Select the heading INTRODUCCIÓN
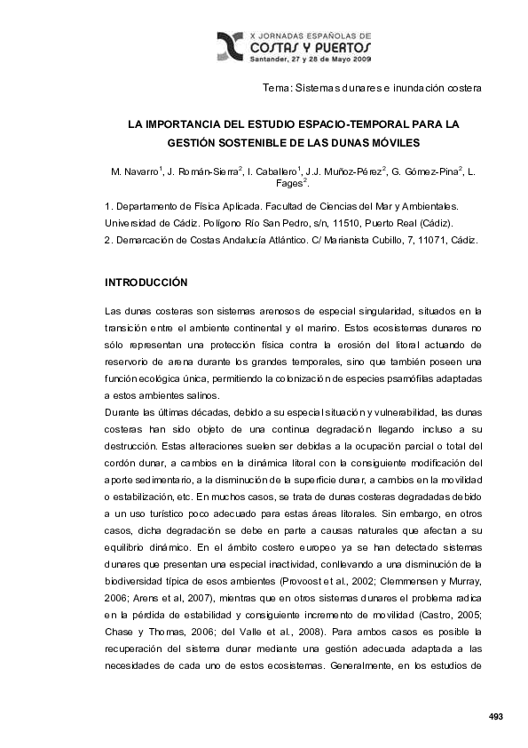(x=146, y=282)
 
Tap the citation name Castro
(x=433, y=613)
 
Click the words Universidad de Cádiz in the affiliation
(x=148, y=222)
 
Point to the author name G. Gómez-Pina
(x=425, y=170)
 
